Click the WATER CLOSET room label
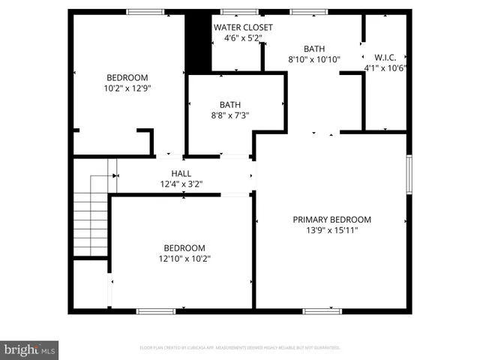click(x=243, y=28)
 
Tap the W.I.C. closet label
click(x=385, y=57)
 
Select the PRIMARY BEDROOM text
click(x=331, y=220)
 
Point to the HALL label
click(x=181, y=173)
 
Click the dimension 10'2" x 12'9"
click(x=127, y=88)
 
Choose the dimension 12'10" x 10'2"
click(x=184, y=259)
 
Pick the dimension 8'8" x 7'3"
click(x=229, y=115)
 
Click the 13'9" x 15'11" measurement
click(x=331, y=230)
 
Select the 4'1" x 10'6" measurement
click(x=385, y=67)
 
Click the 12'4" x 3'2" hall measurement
click(x=181, y=183)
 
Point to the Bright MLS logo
click(x=30, y=349)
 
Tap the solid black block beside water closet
click(x=198, y=43)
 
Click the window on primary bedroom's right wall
click(x=409, y=175)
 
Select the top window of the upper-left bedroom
click(x=145, y=12)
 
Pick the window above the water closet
click(x=239, y=12)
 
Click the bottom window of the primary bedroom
click(x=322, y=310)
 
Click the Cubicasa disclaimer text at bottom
click(x=240, y=348)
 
